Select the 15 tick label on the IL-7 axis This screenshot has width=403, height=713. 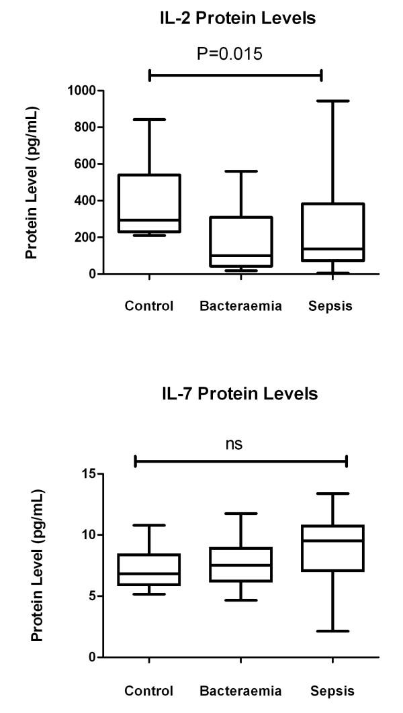[x=88, y=474]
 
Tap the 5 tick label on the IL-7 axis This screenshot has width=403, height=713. [x=91, y=596]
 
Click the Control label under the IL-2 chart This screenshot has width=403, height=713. [x=149, y=307]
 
